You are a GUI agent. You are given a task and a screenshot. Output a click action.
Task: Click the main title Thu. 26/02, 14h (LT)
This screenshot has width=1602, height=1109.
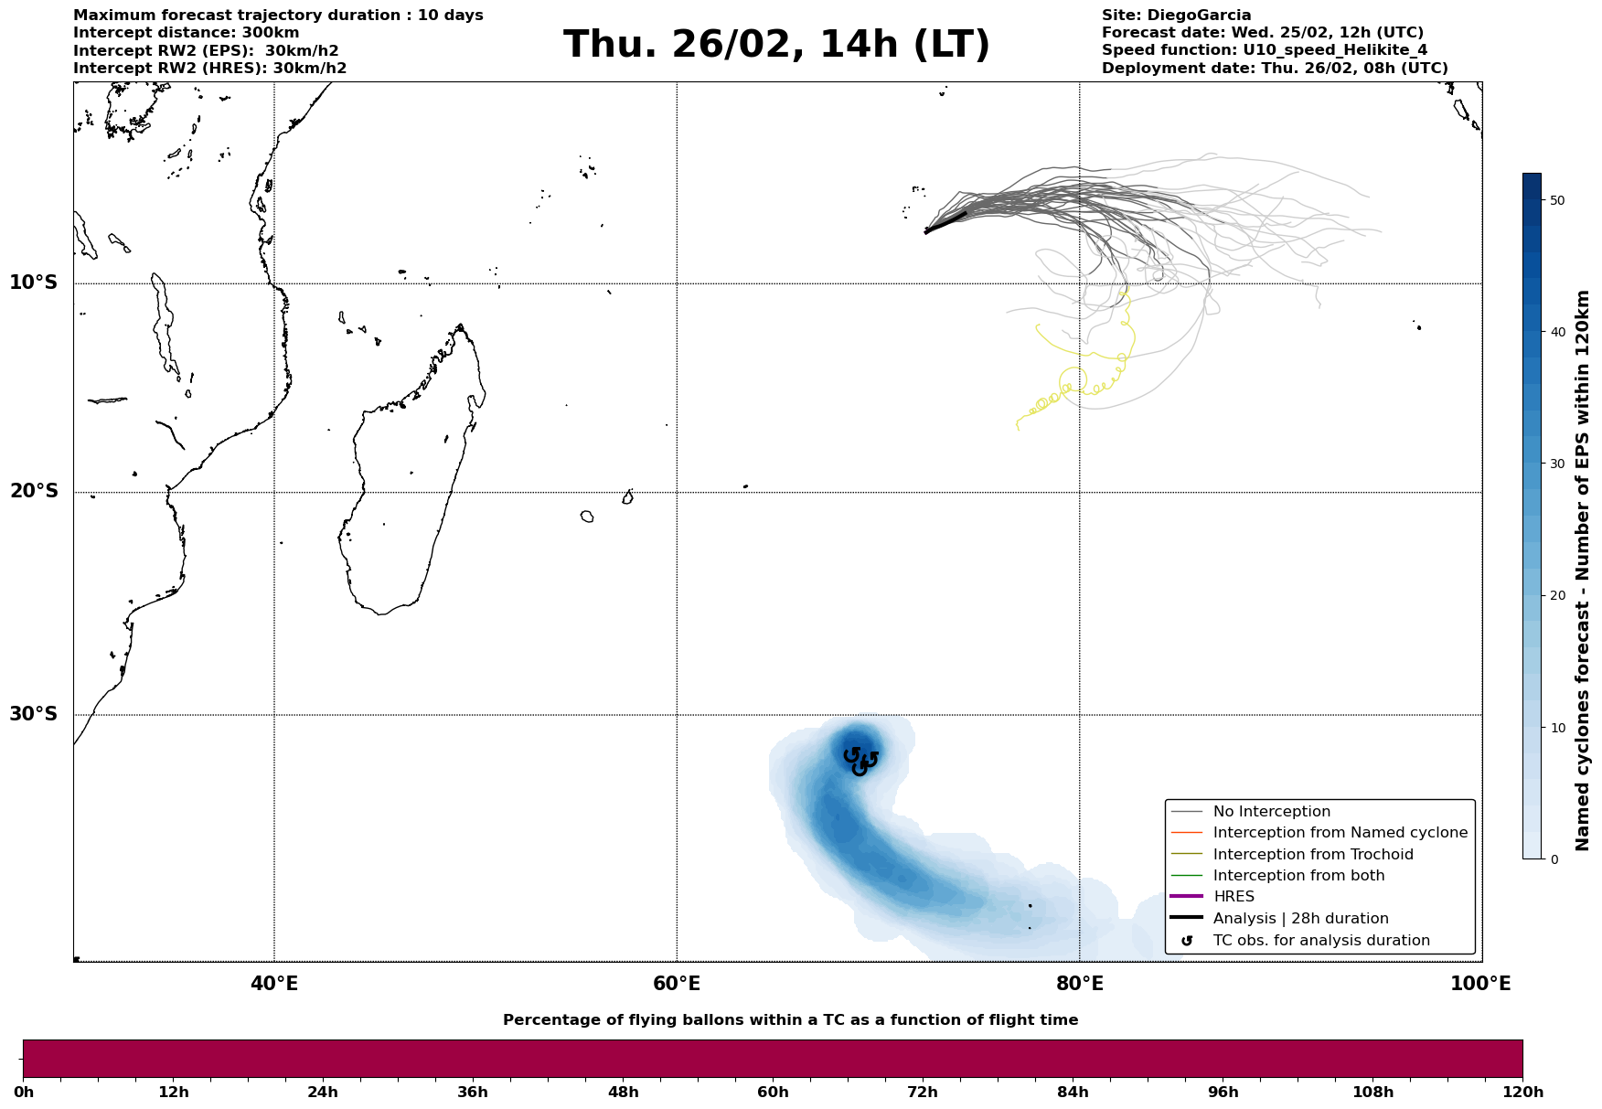tap(776, 45)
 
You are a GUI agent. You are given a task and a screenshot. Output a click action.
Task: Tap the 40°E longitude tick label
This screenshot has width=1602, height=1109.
tap(274, 984)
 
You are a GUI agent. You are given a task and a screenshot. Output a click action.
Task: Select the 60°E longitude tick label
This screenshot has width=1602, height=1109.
tap(677, 984)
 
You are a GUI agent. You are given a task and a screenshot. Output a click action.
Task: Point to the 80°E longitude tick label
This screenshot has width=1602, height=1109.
tap(1079, 984)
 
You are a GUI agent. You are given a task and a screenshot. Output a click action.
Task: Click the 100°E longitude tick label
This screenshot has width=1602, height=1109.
tap(1480, 984)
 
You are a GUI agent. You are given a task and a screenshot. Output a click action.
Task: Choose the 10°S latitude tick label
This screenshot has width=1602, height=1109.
tap(34, 283)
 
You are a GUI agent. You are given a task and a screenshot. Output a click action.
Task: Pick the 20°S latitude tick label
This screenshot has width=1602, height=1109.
tap(34, 492)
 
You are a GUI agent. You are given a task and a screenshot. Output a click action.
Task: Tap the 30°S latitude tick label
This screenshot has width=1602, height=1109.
tap(34, 714)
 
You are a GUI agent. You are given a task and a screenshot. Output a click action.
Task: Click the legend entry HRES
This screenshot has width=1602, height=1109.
tap(1234, 897)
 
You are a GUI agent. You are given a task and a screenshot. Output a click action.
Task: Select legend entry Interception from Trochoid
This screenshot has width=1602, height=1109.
tap(1313, 855)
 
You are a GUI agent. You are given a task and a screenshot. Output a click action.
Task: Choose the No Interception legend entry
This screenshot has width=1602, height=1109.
tap(1271, 812)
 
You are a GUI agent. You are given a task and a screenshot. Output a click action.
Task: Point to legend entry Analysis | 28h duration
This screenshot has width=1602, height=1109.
tap(1300, 919)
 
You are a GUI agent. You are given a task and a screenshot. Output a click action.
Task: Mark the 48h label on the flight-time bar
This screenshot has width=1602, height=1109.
tap(623, 1093)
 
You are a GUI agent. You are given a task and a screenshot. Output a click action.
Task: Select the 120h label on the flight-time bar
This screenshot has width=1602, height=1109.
tap(1522, 1093)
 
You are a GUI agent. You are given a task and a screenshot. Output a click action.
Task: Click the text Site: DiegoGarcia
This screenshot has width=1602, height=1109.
tap(1176, 16)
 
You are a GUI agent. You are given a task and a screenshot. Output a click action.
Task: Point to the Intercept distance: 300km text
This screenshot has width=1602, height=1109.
tap(186, 33)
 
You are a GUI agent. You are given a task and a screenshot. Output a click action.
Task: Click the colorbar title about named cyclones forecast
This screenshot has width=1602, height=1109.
tap(1584, 570)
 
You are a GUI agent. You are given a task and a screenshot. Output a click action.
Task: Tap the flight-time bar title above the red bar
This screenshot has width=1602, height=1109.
tap(790, 1020)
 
